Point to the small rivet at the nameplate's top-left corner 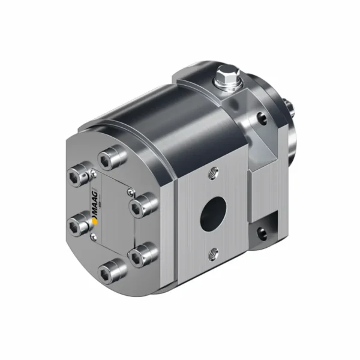coord(94,175)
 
